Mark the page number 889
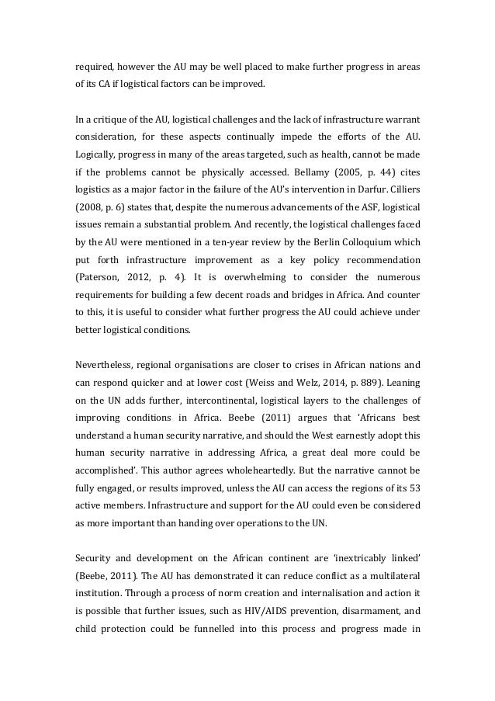(389, 383)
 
